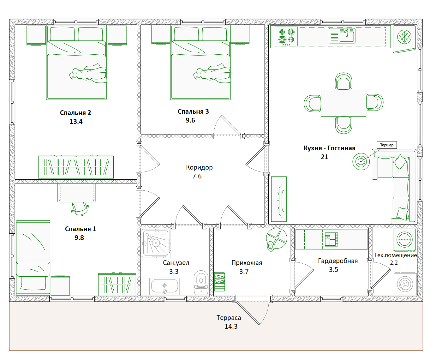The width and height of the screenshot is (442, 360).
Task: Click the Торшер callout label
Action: (x=386, y=145)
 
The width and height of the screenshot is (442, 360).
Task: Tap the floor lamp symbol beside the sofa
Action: (x=361, y=161)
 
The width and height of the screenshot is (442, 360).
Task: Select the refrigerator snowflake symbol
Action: (x=404, y=37)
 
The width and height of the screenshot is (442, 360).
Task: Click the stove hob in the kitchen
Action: (x=286, y=36)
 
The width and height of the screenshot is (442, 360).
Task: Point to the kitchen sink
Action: (x=342, y=36)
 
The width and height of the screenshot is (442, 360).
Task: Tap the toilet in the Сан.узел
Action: (x=201, y=282)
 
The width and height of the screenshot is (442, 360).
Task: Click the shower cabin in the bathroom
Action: (x=156, y=243)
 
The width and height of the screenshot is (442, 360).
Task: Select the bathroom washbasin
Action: (x=164, y=286)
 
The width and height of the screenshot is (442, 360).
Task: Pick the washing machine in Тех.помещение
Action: (x=404, y=240)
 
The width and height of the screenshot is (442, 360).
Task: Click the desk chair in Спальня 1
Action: (x=80, y=208)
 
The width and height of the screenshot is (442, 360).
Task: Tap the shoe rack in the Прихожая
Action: (x=219, y=282)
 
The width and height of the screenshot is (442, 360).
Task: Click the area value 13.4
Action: (x=76, y=121)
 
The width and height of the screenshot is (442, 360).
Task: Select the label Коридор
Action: (x=199, y=167)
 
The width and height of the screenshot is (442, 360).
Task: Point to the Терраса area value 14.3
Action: (x=231, y=327)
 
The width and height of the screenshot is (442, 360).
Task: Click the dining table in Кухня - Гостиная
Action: (x=343, y=103)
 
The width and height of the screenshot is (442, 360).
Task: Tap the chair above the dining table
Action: (x=343, y=81)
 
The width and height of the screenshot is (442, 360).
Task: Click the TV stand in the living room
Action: (x=279, y=199)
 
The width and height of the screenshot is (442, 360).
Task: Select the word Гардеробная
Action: (x=338, y=261)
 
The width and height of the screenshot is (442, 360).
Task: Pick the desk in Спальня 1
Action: (x=76, y=193)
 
